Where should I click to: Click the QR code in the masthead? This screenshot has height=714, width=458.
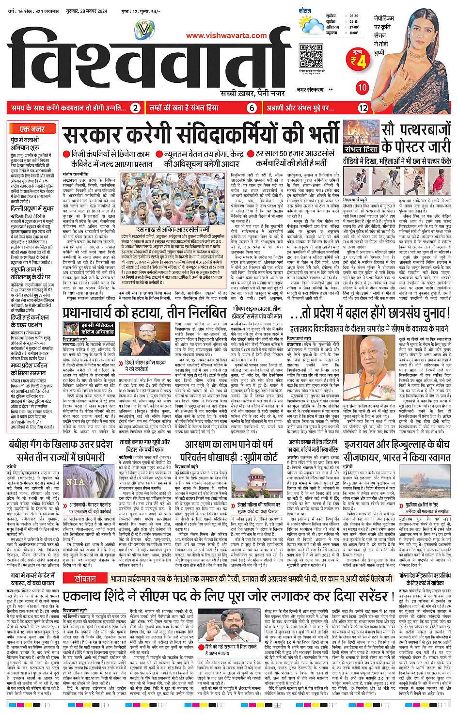click(311, 57)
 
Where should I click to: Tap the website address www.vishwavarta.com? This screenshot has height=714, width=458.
click(226, 35)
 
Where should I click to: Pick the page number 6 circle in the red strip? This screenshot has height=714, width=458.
click(252, 108)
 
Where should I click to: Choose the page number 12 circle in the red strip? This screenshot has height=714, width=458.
click(363, 108)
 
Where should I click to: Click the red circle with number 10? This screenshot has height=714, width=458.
click(362, 88)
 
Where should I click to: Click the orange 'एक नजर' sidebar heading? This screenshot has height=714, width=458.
click(32, 129)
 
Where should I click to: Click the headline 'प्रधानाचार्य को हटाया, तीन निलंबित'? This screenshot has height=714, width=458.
click(145, 313)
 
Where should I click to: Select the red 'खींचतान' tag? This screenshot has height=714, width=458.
click(85, 579)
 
